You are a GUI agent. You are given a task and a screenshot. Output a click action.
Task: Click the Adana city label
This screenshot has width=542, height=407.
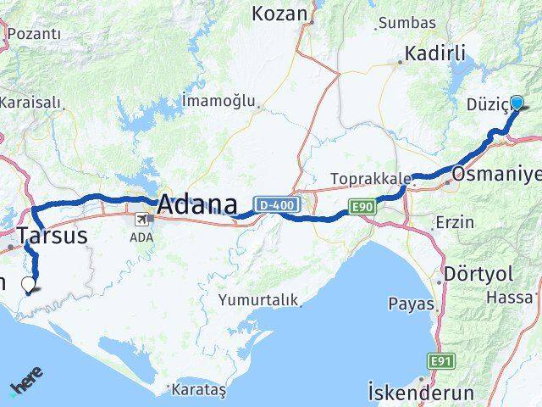[x=196, y=204]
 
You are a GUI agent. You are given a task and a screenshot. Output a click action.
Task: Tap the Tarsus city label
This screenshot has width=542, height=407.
[x=52, y=236]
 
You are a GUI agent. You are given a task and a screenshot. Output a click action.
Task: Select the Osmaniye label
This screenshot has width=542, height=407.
[x=496, y=176]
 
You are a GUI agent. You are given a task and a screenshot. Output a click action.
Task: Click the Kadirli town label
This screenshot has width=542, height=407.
[x=435, y=53]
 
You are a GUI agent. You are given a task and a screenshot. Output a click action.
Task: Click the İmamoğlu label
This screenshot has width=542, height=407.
[x=218, y=101]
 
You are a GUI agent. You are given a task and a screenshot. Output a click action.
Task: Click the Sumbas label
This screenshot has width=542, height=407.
[x=406, y=23]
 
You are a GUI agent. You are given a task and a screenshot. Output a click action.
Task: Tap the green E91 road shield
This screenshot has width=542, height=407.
[x=439, y=362]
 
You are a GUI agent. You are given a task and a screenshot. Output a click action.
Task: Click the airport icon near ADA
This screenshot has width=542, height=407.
[x=139, y=220]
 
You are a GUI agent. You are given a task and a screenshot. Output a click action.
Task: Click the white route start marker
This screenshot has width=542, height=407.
[x=29, y=284]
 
